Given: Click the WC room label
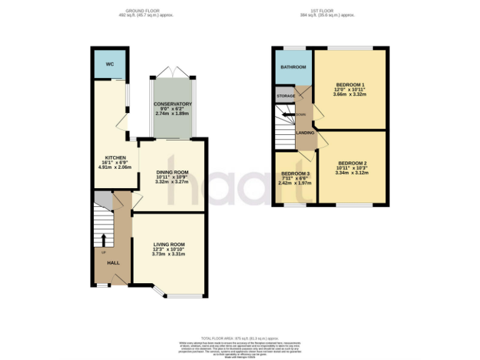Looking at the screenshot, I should tap(109, 64).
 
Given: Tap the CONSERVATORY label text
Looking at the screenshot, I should tap(173, 104).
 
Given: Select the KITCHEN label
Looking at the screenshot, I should tap(116, 158).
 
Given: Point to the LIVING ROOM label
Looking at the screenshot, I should tap(169, 244).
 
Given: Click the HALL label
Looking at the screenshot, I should tap(114, 263).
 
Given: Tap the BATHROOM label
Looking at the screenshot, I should tap(293, 67).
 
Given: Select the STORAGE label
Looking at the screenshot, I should tap(286, 96).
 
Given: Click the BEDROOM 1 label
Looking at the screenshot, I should tap(350, 85).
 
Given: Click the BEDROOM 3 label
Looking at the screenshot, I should tap(294, 174).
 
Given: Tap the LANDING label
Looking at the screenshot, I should tap(305, 133).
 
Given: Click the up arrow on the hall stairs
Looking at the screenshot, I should tap(104, 240).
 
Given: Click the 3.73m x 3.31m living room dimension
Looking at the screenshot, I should tap(169, 254).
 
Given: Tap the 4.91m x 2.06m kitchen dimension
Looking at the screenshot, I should tap(116, 167).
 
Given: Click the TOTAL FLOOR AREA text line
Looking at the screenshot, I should tap(239, 337).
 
